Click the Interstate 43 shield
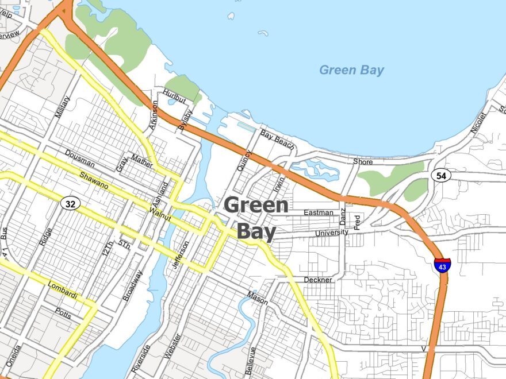click(x=442, y=265)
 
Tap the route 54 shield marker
click(x=441, y=176)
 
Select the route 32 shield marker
click(x=70, y=203)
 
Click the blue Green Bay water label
click(x=351, y=70)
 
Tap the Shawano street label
click(x=94, y=180)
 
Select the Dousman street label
click(x=79, y=159)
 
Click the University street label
click(x=331, y=233)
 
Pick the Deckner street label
click(x=319, y=280)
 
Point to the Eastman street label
click(x=318, y=212)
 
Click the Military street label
click(x=62, y=108)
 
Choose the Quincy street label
click(x=244, y=161)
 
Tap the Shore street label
click(x=363, y=162)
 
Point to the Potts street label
click(x=63, y=312)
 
